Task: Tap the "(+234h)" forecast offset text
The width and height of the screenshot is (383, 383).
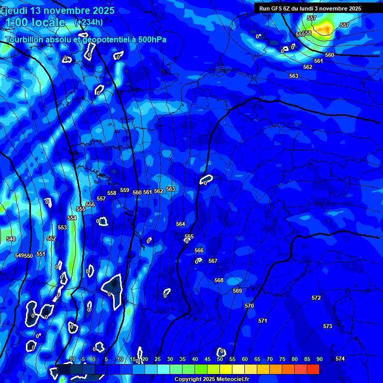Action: tap(89, 22)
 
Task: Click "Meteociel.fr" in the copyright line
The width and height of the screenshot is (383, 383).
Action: tap(235, 379)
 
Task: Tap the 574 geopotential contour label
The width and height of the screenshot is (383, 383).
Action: tap(340, 359)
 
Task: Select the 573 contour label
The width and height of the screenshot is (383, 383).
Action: tap(328, 326)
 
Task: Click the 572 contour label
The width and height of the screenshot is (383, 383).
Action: tap(316, 298)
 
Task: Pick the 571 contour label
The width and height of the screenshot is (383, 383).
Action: tap(263, 321)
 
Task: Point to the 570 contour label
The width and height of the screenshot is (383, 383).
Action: tap(249, 306)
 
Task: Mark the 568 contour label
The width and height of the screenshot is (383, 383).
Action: tap(219, 280)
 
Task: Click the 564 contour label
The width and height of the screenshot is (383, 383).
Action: tap(181, 224)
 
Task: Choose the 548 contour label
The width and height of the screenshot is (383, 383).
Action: tap(11, 239)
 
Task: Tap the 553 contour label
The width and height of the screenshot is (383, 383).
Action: tap(62, 227)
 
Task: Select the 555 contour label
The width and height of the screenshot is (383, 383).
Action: tap(81, 209)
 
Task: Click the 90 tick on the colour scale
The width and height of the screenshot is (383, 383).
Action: tap(319, 359)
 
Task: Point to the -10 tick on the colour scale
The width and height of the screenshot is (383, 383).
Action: tap(71, 359)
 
